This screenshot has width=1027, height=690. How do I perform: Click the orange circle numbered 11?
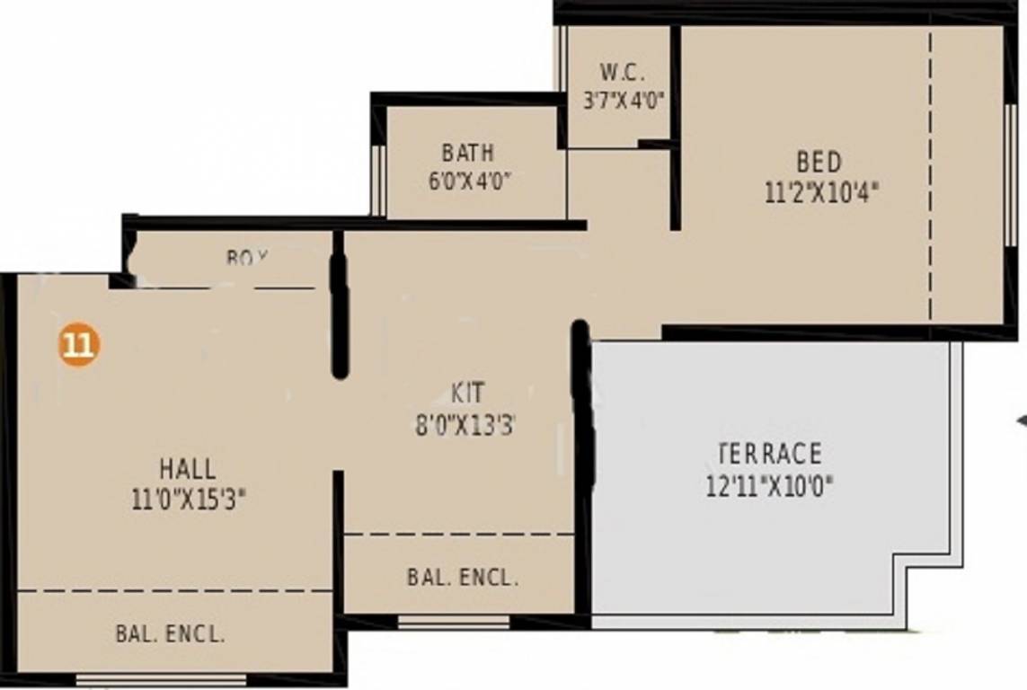[x=79, y=345]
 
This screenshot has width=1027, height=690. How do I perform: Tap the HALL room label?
[x=188, y=469]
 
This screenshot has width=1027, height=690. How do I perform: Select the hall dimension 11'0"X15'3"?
[x=188, y=500]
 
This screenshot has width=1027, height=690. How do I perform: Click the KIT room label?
[x=467, y=394]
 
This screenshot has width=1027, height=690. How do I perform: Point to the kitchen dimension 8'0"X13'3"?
[x=465, y=425]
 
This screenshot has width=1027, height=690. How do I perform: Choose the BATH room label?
[x=467, y=152]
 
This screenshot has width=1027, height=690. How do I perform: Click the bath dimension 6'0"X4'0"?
[x=469, y=180]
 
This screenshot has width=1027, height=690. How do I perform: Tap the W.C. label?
[x=622, y=73]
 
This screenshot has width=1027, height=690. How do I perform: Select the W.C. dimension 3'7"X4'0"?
[x=623, y=100]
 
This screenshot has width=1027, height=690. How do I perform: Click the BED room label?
[x=819, y=163]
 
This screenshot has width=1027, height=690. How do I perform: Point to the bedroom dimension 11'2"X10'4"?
[x=820, y=193]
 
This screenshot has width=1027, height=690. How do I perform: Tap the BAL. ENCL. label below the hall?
[x=170, y=633]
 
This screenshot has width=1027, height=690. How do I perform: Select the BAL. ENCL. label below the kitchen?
[x=463, y=578]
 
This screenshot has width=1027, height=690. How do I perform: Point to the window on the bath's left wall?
[x=378, y=180]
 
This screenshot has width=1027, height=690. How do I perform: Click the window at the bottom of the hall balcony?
[x=162, y=679]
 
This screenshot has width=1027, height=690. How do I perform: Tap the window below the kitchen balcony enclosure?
[x=454, y=622]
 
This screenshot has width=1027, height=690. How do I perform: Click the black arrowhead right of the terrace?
[x=1022, y=420]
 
